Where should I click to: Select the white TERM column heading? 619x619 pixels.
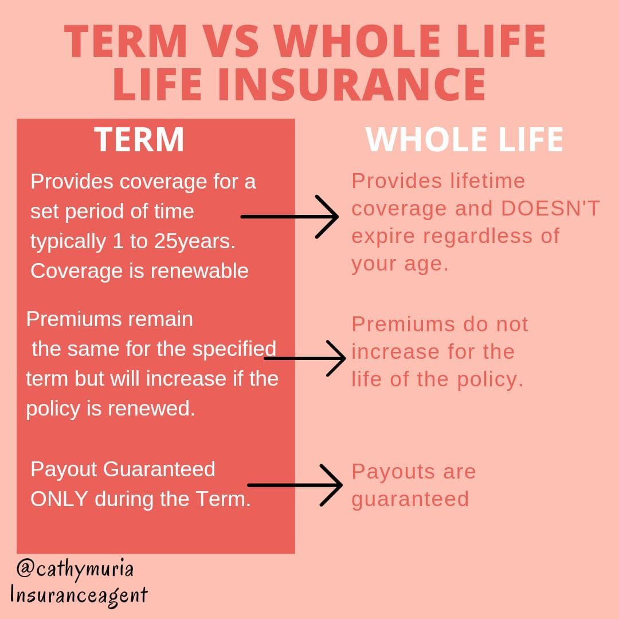(139, 140)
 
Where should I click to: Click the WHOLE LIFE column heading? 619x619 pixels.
(464, 140)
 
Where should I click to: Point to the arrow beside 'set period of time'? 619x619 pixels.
(289, 217)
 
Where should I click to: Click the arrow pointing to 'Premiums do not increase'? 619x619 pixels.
(305, 358)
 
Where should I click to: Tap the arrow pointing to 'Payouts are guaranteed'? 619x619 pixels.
(295, 485)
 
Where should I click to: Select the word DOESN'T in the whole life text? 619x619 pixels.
(550, 209)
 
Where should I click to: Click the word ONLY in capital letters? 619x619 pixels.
(59, 499)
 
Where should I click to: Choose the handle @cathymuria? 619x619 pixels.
(75, 569)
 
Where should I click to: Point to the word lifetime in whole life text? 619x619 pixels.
(487, 181)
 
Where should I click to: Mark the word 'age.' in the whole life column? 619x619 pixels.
(428, 264)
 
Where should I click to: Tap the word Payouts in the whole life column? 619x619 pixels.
(387, 471)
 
